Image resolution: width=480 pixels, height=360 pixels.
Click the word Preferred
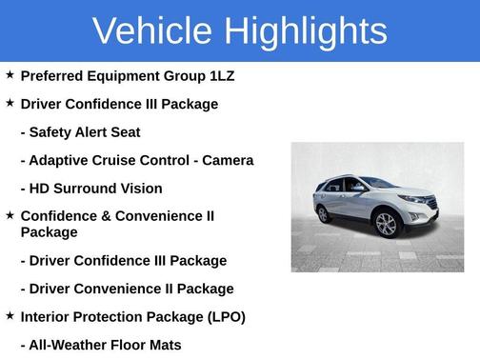point(51,74)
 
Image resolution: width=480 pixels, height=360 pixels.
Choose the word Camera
point(226,160)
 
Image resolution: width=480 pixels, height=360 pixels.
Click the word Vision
point(139,189)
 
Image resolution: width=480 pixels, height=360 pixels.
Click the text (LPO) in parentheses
point(223,316)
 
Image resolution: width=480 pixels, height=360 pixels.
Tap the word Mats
point(164,345)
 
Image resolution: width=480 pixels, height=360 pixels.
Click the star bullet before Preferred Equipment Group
point(10,73)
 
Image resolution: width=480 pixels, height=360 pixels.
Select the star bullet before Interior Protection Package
point(10,315)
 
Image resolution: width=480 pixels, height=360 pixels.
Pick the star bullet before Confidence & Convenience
point(10,215)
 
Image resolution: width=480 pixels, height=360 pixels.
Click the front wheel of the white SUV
point(386,225)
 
